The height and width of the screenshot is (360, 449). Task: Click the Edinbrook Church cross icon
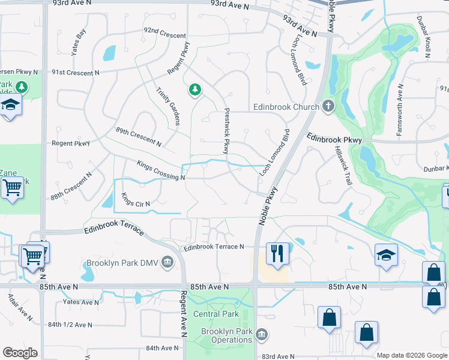click(x=328, y=106)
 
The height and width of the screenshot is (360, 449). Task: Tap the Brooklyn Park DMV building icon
click(x=167, y=262)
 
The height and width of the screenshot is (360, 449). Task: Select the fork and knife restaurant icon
click(x=277, y=253)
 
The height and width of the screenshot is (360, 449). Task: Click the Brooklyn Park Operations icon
click(x=261, y=334)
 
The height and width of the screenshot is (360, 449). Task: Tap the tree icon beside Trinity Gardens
click(x=194, y=91)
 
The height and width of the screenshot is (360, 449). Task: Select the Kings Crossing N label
click(x=160, y=170)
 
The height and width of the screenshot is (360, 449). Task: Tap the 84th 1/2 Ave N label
click(x=70, y=325)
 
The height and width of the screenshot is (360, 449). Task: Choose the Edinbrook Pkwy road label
click(x=334, y=139)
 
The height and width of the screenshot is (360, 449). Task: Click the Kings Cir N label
click(x=135, y=200)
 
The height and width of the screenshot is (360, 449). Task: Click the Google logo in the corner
click(x=20, y=353)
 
